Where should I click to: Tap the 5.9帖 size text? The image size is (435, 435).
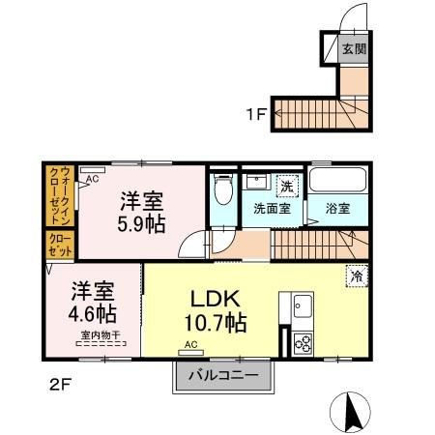pyautogui.click(x=141, y=224)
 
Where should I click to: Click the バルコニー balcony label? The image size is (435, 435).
pyautogui.click(x=222, y=374)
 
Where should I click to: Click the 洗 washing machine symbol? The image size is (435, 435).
pyautogui.click(x=286, y=184)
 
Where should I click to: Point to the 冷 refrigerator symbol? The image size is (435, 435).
pyautogui.click(x=357, y=276)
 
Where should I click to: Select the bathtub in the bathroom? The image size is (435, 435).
pyautogui.click(x=337, y=182)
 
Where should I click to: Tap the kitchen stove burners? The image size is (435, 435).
pyautogui.click(x=302, y=342)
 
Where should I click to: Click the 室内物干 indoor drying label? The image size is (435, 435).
pyautogui.click(x=101, y=335)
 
